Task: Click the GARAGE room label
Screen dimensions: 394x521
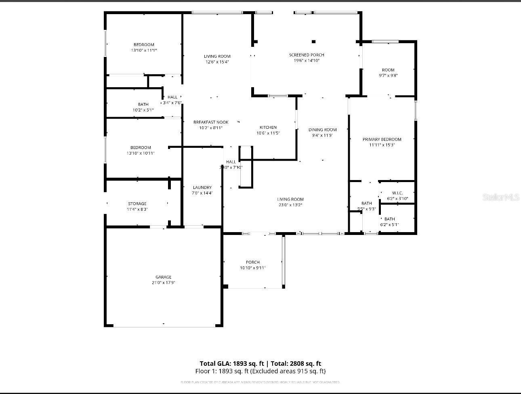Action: click(164, 277)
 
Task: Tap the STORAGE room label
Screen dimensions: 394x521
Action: click(137, 203)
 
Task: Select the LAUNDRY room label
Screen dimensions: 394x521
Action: click(202, 187)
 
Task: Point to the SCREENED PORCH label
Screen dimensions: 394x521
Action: click(307, 55)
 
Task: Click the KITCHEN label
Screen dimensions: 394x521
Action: click(268, 127)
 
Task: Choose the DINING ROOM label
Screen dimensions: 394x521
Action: click(323, 130)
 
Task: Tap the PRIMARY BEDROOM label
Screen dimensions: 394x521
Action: click(382, 139)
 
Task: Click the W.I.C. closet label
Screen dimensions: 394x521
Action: click(397, 193)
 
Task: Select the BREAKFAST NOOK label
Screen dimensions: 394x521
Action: click(211, 122)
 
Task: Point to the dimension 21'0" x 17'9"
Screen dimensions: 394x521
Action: click(164, 283)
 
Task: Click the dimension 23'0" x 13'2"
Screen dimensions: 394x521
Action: click(290, 205)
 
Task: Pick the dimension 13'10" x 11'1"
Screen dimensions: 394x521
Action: click(144, 50)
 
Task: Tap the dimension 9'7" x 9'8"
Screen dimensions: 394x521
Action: click(388, 75)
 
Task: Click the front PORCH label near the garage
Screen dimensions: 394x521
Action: click(253, 262)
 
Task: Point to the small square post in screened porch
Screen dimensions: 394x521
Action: click(313, 41)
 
